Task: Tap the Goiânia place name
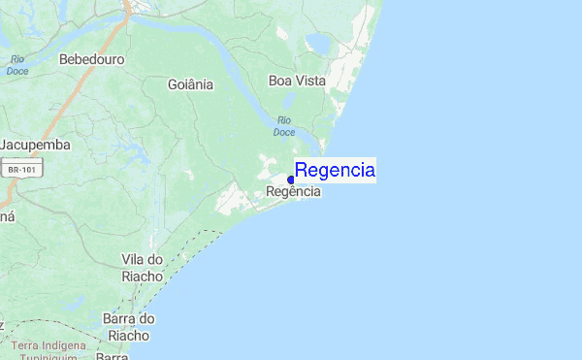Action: click(x=190, y=84)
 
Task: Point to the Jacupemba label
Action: click(x=35, y=145)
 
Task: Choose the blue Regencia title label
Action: click(x=335, y=171)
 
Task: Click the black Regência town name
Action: click(x=293, y=192)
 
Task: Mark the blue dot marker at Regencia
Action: click(x=291, y=180)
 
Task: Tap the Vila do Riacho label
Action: click(x=143, y=267)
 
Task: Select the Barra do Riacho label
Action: click(x=128, y=327)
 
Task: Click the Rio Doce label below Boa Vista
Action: click(x=283, y=125)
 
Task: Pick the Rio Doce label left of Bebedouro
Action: click(x=16, y=65)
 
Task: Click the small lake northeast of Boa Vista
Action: click(x=317, y=45)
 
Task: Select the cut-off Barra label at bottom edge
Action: click(x=113, y=356)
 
